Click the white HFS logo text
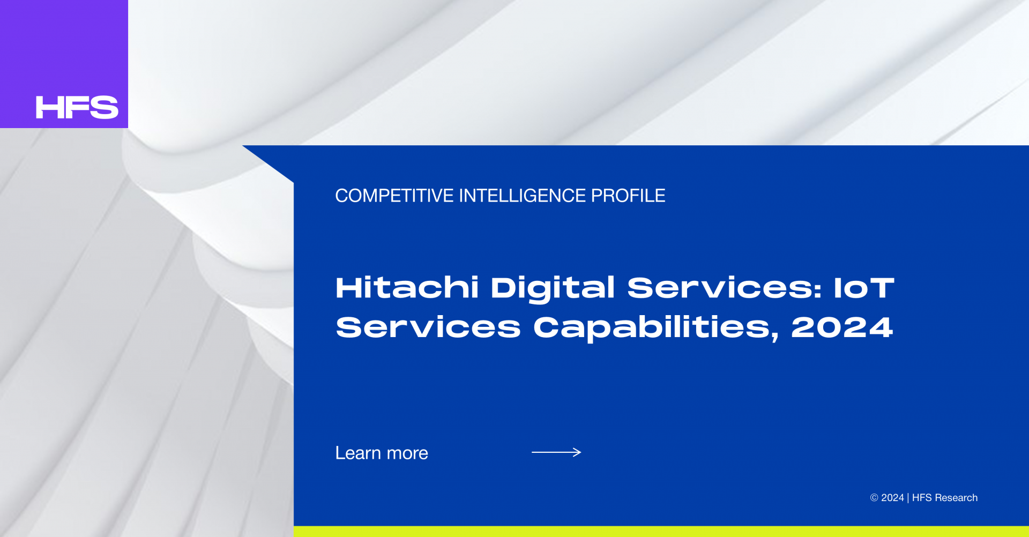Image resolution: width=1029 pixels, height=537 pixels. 77,107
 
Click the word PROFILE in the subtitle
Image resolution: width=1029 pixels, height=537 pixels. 628,196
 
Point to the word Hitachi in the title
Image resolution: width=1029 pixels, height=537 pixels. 407,288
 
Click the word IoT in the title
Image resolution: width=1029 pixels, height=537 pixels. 864,288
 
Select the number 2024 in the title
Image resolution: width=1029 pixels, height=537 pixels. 842,327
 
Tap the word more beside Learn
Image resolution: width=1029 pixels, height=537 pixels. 407,454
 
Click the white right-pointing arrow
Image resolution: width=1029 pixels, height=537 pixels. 556,452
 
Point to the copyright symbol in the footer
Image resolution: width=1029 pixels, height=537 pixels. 874,498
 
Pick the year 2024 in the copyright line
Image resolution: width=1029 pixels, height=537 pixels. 892,498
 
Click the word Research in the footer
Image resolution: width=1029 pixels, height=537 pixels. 956,498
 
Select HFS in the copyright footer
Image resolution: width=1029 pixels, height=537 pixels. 922,498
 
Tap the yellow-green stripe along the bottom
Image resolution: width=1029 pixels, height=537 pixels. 661,532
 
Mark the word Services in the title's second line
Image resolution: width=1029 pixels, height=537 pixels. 428,327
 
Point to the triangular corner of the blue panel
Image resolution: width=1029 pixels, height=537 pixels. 268,163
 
